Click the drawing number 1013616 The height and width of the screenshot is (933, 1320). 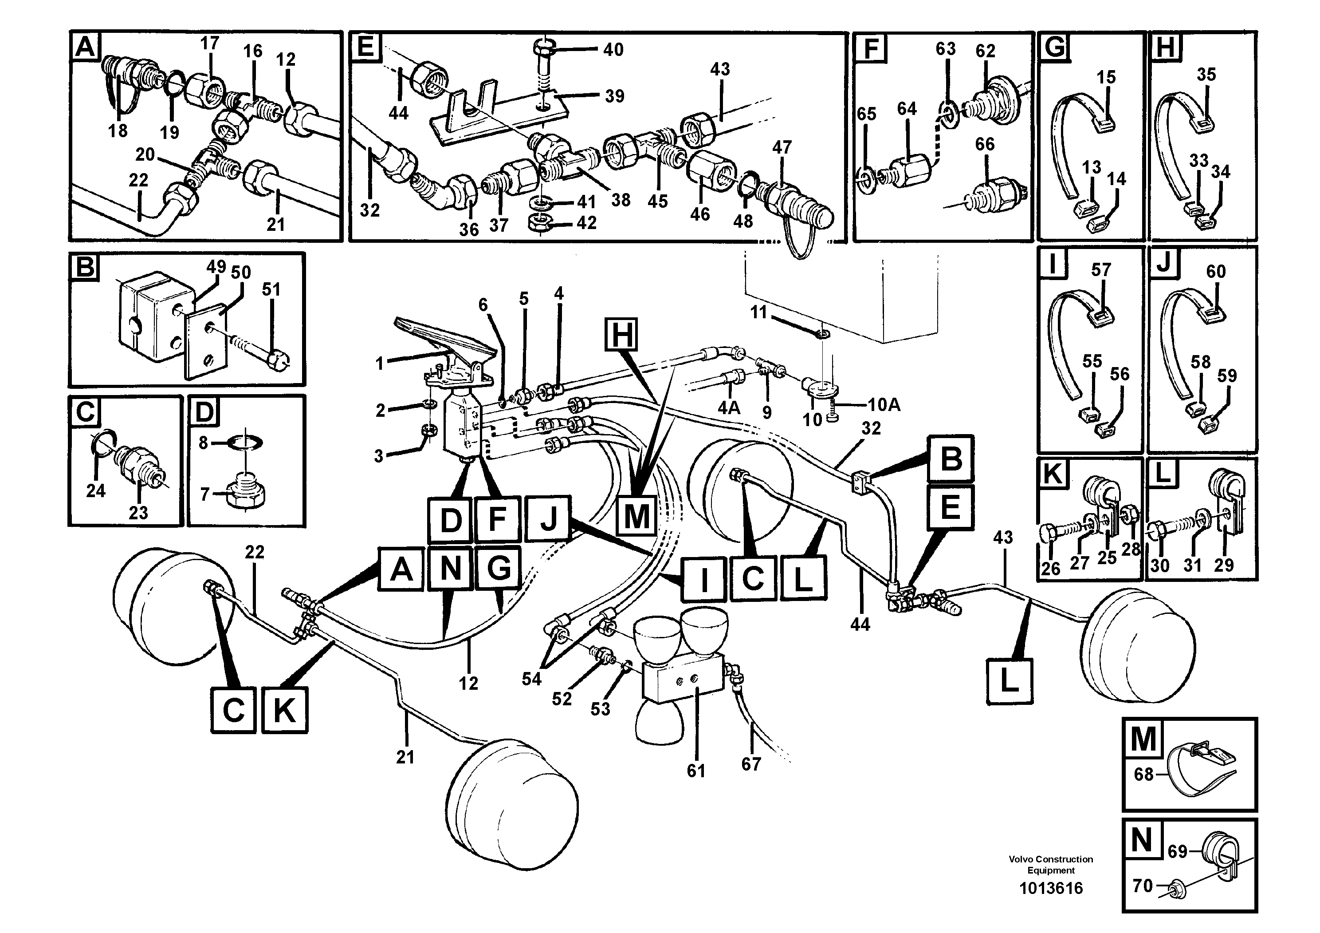1050,888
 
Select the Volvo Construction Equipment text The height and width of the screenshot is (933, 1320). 1050,865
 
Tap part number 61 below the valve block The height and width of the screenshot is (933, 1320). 695,770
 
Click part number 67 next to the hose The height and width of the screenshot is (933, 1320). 751,764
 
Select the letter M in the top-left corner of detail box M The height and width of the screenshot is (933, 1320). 1142,739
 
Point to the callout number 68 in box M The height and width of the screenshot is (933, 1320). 1143,774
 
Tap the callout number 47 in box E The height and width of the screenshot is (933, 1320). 782,147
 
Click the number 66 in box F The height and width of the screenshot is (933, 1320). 984,144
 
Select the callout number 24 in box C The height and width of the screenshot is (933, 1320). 96,490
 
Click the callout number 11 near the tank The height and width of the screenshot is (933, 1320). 759,312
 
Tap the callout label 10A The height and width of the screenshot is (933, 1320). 884,405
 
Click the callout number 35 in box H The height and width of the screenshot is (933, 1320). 1206,74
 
